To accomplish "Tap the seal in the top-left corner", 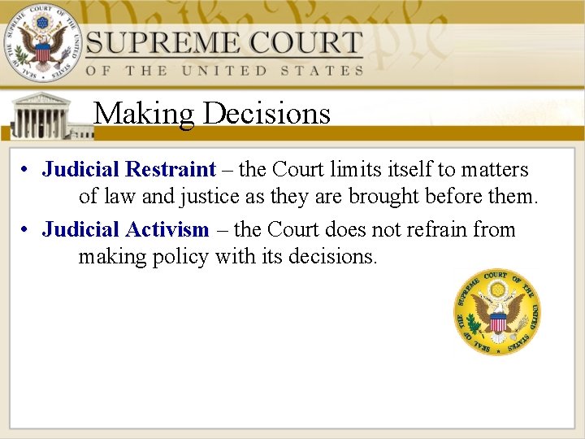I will click(x=40, y=42).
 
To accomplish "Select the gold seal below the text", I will click(x=496, y=311).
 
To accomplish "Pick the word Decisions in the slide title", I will click(x=267, y=113).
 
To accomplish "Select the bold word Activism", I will click(x=167, y=230).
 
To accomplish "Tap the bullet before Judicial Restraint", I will click(x=27, y=171).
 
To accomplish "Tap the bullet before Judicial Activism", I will click(x=27, y=231).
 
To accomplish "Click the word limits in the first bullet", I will click(x=354, y=170).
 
